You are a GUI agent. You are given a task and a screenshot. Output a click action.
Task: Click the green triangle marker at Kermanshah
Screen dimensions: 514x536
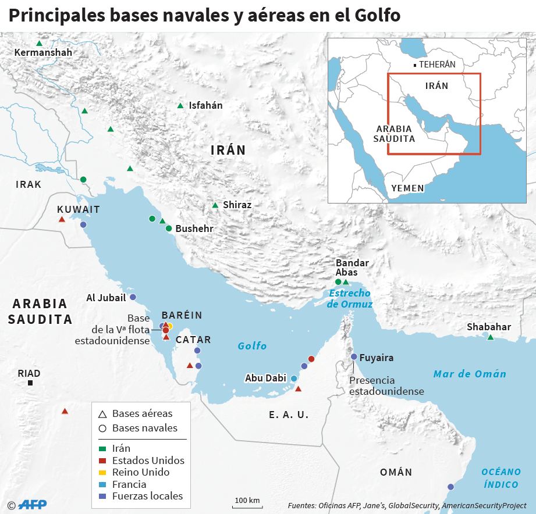click(x=39, y=44)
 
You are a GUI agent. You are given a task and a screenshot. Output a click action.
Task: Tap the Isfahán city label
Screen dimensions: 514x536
click(x=205, y=106)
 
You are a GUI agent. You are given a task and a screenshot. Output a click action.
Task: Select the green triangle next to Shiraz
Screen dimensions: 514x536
click(x=215, y=205)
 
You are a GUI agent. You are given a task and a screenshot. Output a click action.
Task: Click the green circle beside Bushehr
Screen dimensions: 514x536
click(x=169, y=229)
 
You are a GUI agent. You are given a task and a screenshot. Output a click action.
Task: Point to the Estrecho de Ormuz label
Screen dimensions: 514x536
click(x=349, y=299)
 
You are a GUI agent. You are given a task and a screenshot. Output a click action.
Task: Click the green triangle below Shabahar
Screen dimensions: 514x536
click(x=491, y=337)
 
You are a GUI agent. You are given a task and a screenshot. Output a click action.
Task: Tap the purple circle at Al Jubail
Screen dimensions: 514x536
click(x=133, y=297)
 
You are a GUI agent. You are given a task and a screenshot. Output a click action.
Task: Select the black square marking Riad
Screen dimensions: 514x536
click(x=30, y=383)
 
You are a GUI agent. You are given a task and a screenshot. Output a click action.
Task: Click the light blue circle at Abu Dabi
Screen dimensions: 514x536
click(x=294, y=379)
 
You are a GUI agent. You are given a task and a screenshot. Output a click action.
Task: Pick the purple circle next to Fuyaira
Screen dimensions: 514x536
click(x=354, y=357)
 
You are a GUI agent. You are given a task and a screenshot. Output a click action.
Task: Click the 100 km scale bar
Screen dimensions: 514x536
click(x=247, y=504)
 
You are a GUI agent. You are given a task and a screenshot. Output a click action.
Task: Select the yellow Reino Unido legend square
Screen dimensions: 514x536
click(x=102, y=473)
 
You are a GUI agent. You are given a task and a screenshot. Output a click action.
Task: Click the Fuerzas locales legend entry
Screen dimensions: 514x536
click(x=147, y=496)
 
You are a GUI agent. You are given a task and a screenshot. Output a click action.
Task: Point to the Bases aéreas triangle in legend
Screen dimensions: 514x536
click(x=102, y=415)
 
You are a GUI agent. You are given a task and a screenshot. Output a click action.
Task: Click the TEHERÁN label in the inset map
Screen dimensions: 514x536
click(x=437, y=65)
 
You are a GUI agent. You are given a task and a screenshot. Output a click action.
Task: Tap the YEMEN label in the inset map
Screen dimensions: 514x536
click(x=407, y=188)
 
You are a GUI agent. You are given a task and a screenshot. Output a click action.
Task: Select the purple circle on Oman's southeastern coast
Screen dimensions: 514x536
click(x=450, y=487)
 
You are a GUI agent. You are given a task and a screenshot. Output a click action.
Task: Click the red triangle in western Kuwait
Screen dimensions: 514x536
click(x=62, y=219)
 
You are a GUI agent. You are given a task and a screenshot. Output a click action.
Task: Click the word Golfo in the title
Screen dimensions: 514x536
click(x=377, y=16)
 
